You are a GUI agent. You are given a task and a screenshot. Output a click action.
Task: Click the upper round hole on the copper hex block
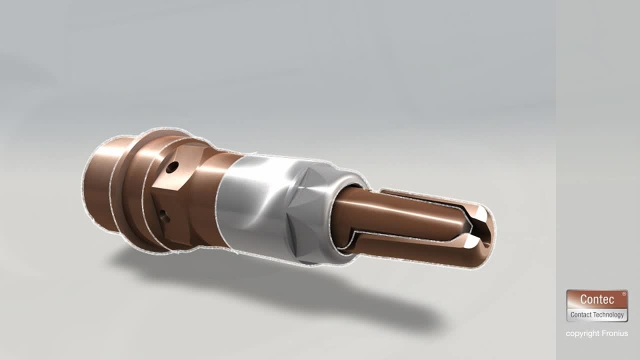pos(172,167)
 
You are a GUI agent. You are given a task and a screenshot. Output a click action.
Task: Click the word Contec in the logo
pos(597,299)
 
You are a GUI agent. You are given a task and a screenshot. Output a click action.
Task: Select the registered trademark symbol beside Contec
pos(623,293)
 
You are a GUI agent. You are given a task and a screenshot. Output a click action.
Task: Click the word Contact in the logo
pos(580,315)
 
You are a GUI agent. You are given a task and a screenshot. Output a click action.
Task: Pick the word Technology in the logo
pos(607,315)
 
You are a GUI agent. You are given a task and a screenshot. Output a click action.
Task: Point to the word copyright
pos(582,333)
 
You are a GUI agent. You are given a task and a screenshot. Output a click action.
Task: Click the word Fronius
pos(615,333)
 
